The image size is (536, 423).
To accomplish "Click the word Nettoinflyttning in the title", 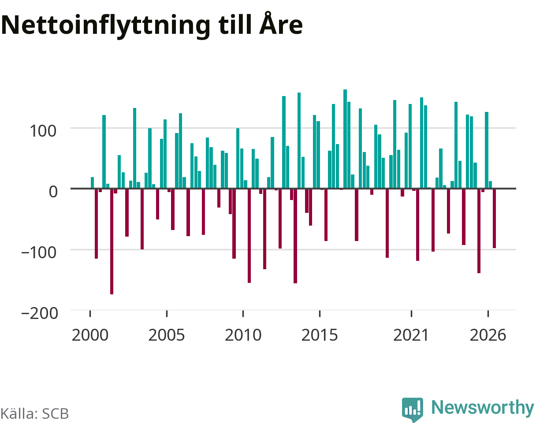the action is pyautogui.click(x=106, y=26).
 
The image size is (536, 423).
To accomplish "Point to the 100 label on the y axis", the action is pyautogui.click(x=43, y=131).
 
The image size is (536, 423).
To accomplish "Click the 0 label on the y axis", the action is pyautogui.click(x=53, y=192).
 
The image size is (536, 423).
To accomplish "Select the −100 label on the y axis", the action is pyautogui.click(x=39, y=253).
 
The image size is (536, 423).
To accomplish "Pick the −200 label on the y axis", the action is pyautogui.click(x=40, y=313).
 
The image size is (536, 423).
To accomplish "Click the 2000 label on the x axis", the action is pyautogui.click(x=90, y=335).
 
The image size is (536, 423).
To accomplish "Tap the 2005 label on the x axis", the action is pyautogui.click(x=166, y=335).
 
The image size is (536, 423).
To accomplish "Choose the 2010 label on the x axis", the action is pyautogui.click(x=243, y=335).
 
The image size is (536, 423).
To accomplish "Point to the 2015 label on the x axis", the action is pyautogui.click(x=320, y=335).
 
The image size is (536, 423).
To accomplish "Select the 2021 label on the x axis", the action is pyautogui.click(x=411, y=335).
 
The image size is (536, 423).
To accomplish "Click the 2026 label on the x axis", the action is pyautogui.click(x=488, y=335).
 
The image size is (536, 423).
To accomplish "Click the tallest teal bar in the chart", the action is pyautogui.click(x=345, y=139).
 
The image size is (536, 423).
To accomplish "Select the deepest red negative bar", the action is pyautogui.click(x=112, y=241).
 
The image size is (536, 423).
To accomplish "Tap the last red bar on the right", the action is pyautogui.click(x=494, y=219).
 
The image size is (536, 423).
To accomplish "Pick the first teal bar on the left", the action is pyautogui.click(x=92, y=183).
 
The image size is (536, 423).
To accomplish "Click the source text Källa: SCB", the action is pyautogui.click(x=34, y=414).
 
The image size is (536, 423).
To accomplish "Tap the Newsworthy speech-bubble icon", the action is pyautogui.click(x=413, y=409).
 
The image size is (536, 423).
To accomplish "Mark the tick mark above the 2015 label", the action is pyautogui.click(x=320, y=313).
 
